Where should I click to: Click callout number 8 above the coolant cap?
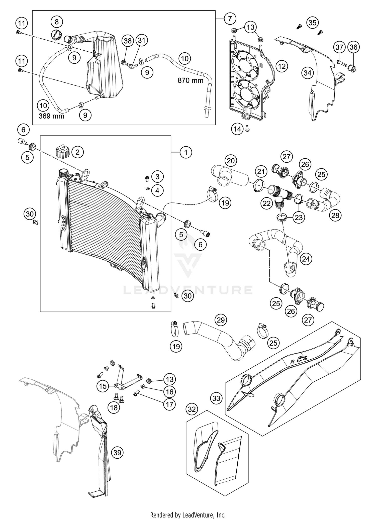click(x=57, y=22)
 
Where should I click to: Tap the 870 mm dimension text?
click(x=190, y=80)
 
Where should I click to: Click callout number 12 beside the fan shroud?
click(x=282, y=66)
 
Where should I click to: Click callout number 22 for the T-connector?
click(x=267, y=203)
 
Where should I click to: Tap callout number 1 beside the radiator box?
click(x=186, y=152)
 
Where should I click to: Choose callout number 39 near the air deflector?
click(x=117, y=453)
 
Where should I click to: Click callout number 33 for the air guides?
click(x=216, y=398)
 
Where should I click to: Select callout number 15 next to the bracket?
click(x=103, y=386)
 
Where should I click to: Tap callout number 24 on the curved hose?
click(x=306, y=259)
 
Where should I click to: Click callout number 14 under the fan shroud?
click(x=237, y=129)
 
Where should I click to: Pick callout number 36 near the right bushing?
click(x=353, y=47)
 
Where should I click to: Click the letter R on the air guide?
click(x=292, y=362)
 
